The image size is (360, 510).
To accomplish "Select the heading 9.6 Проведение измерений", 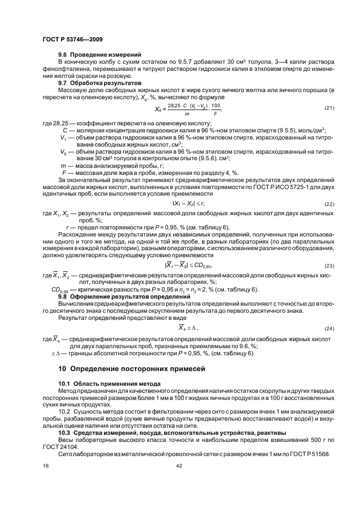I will click(x=100, y=54).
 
